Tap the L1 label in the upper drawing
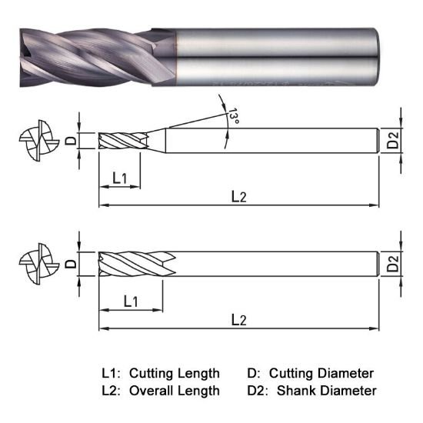[x=120, y=178]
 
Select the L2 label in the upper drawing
[x=238, y=196]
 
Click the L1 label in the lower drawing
[x=131, y=301]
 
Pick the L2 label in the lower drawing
[x=238, y=319]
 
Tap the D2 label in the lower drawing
[x=393, y=265]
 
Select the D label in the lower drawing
[x=70, y=264]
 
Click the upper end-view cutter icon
[x=35, y=142]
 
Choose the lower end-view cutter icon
[x=35, y=265]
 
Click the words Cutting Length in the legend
[x=174, y=373]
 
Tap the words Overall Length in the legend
[x=174, y=391]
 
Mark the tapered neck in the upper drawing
[x=154, y=141]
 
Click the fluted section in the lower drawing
[x=135, y=265]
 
